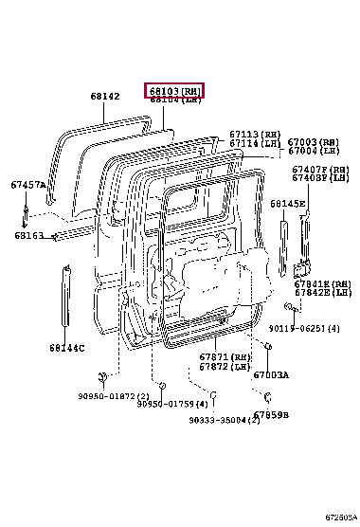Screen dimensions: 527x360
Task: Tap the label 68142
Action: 105,97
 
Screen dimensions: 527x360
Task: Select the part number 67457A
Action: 27,185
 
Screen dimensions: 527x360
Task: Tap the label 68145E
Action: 287,203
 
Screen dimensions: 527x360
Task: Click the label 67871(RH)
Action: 225,356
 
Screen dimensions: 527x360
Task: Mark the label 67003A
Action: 271,374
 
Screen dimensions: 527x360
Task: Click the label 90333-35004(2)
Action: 224,418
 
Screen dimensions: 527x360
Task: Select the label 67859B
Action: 271,415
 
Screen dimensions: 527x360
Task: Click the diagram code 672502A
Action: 339,518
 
